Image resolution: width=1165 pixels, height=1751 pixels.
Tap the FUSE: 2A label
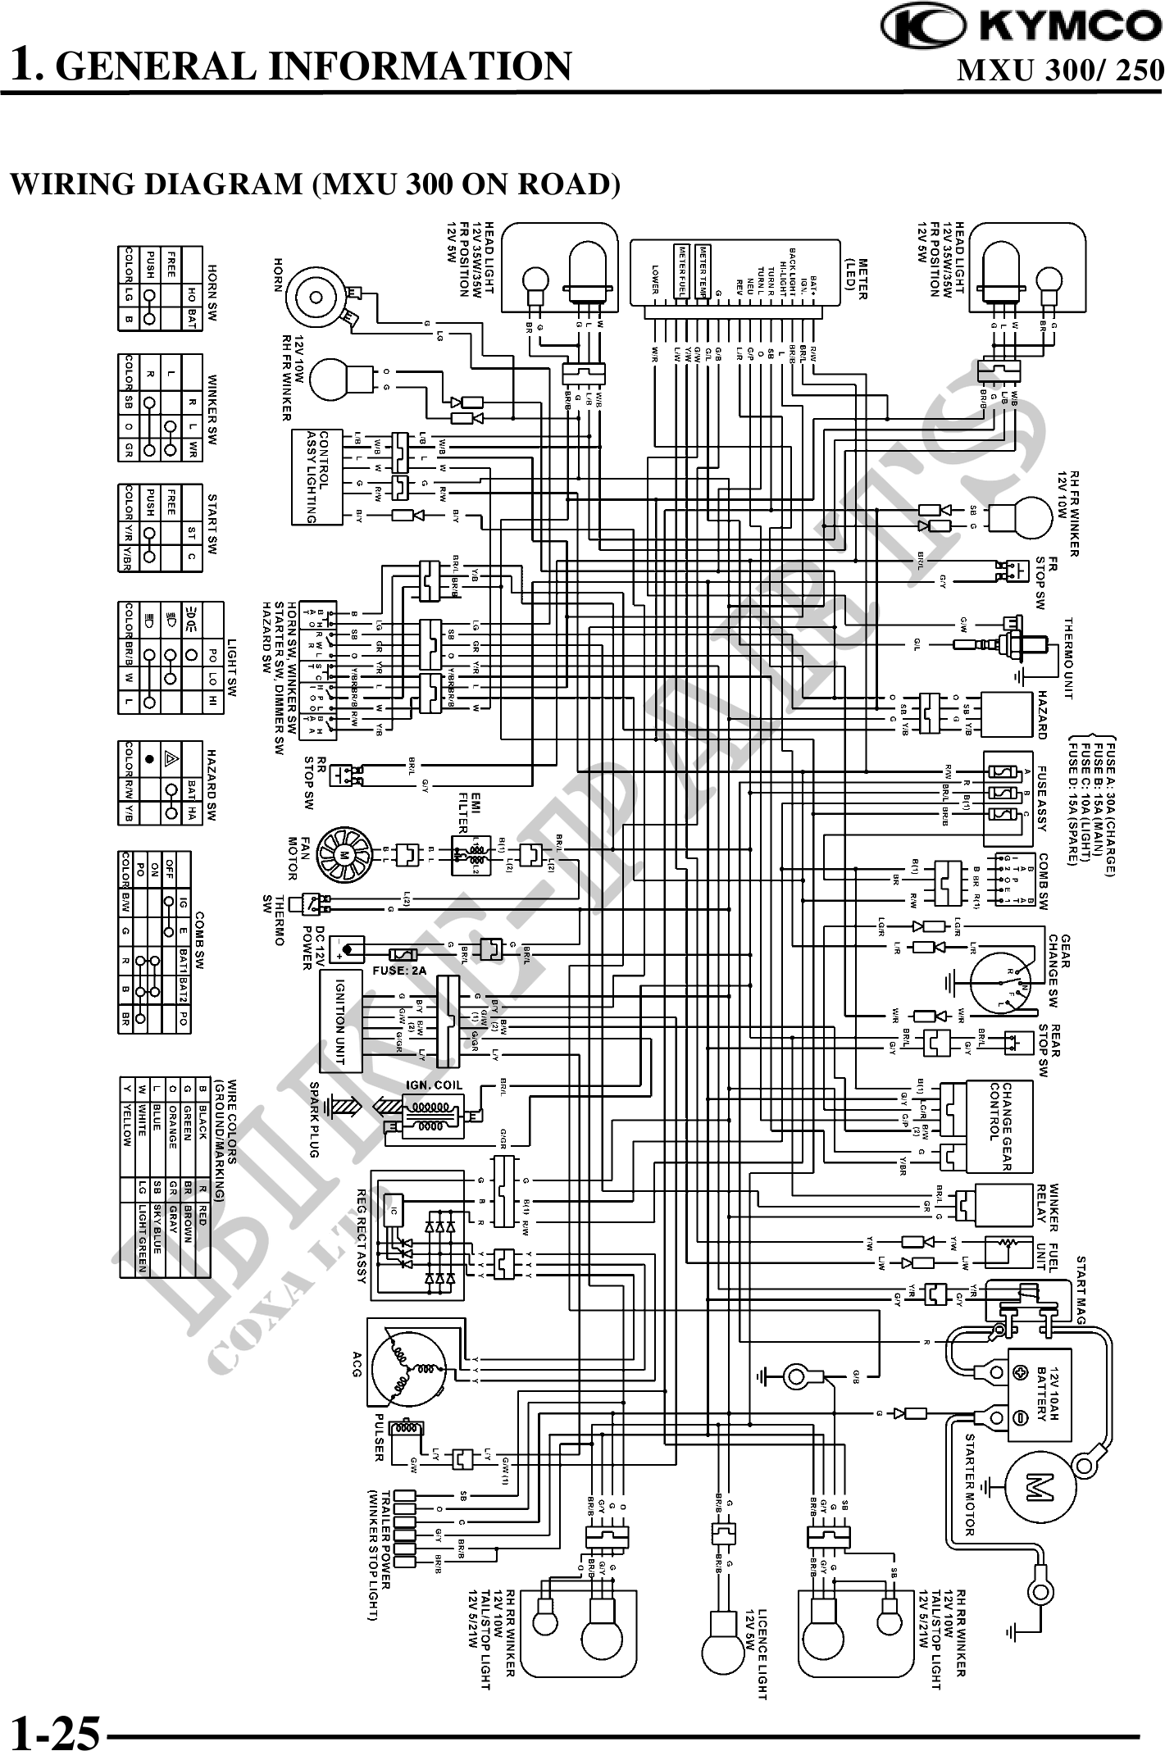coord(399,970)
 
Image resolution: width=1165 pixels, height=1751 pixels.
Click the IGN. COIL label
coord(434,1085)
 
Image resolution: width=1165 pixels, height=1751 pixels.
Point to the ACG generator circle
coord(407,1370)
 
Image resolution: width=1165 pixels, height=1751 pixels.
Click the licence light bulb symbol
coord(724,1638)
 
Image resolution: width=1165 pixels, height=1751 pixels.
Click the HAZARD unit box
coord(1008,715)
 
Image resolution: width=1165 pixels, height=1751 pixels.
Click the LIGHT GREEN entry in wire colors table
coord(142,1239)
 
